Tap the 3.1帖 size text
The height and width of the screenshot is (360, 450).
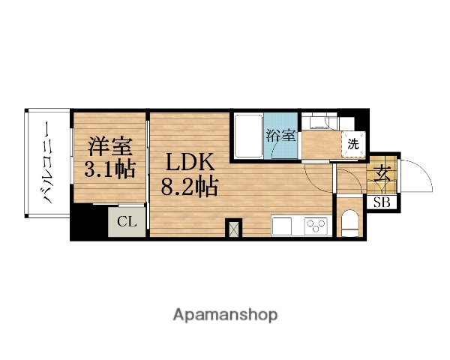(109, 169)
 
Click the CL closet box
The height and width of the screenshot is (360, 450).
(126, 221)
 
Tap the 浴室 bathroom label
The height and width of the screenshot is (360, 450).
(281, 136)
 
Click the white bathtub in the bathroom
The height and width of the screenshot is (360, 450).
(247, 136)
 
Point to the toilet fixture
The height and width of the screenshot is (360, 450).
(349, 223)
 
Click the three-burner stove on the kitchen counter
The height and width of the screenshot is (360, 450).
(314, 224)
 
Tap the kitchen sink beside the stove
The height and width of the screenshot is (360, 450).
(284, 225)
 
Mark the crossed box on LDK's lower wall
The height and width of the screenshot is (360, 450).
(234, 229)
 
